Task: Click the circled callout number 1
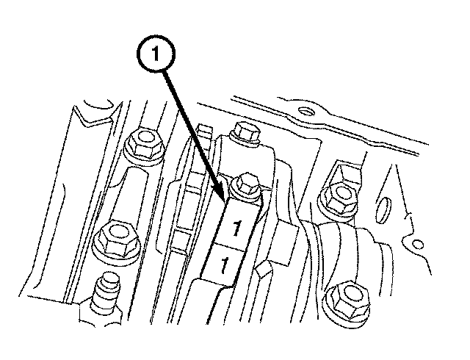(156, 54)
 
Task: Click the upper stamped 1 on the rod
(236, 228)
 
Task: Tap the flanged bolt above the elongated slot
(143, 146)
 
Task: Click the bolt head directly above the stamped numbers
(244, 187)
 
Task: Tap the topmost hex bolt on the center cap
(245, 132)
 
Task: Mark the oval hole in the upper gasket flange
(305, 111)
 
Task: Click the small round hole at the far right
(418, 245)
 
